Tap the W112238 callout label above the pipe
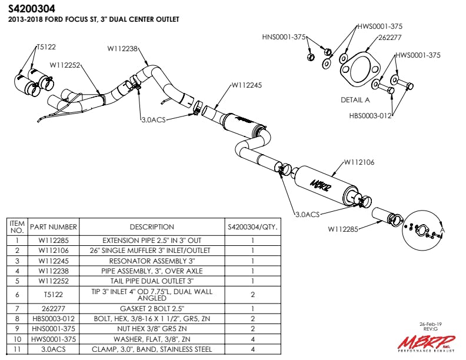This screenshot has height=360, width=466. click(123, 49)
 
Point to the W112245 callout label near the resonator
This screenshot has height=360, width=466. click(247, 85)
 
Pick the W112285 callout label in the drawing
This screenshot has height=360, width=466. click(343, 229)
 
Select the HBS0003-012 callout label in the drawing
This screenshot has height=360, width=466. click(370, 116)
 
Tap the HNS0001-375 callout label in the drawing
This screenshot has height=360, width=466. click(284, 37)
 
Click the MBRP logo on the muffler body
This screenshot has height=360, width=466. click(321, 184)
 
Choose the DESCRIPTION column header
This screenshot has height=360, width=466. click(152, 226)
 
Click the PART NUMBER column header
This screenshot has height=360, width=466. click(54, 226)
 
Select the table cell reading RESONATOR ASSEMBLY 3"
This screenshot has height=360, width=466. click(152, 261)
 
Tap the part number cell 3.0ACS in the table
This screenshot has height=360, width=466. click(54, 348)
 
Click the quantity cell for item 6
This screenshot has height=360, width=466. click(252, 295)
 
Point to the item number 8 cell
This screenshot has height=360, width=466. click(18, 318)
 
